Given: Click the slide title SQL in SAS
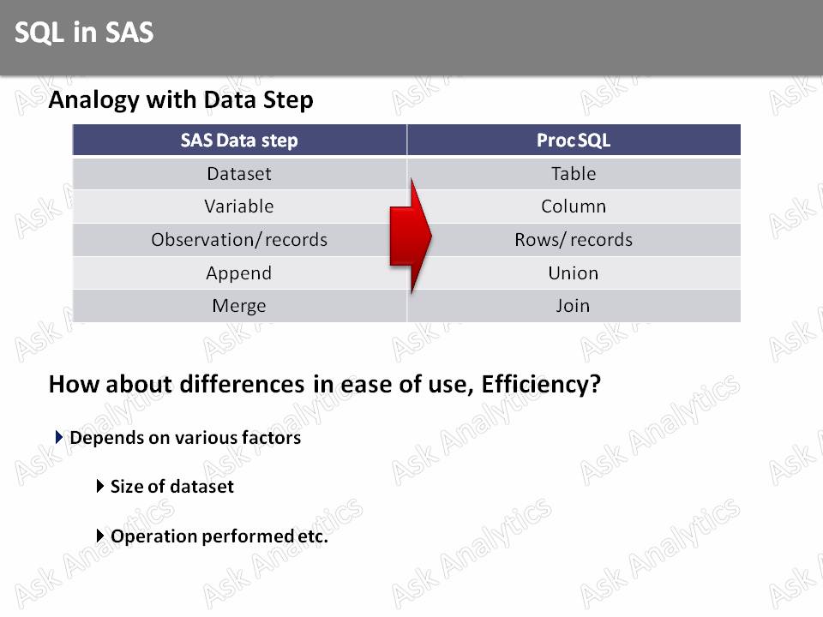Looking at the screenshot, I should point(84,33).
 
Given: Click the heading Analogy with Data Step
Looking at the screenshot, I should point(180,100).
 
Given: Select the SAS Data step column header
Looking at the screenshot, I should point(239,141).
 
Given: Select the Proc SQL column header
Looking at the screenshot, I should point(574,141).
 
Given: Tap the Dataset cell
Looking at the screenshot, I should point(239,174).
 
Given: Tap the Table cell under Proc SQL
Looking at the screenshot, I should point(574,174).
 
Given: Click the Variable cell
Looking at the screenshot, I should point(239,207).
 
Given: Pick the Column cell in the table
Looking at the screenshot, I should point(574,207).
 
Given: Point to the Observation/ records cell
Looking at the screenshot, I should point(239,240).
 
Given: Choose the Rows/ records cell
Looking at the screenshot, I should point(574,240).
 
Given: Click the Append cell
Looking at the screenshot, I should point(239,273).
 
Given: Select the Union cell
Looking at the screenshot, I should point(574,273).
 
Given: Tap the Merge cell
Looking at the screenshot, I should point(239,306).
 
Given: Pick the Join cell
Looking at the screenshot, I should point(574,306).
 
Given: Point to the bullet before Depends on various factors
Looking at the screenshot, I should point(59,437).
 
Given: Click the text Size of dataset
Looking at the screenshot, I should point(171,487).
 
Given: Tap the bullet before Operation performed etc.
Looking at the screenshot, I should point(100,536).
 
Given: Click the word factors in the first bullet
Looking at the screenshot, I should point(272,438).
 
